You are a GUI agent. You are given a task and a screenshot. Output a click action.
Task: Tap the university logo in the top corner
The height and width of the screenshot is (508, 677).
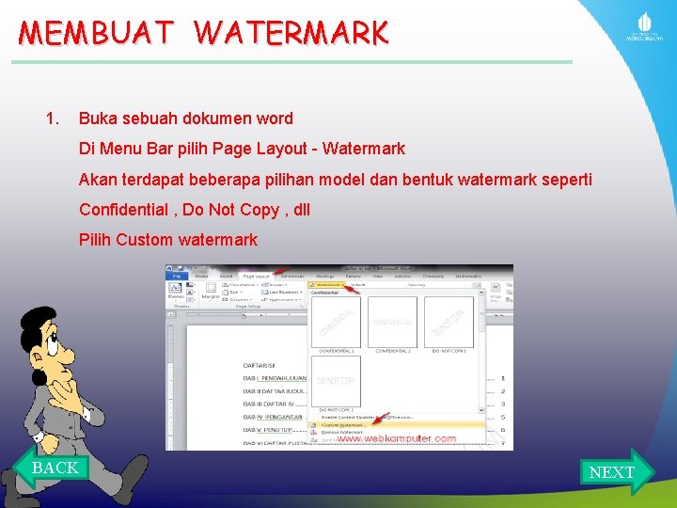point(645,27)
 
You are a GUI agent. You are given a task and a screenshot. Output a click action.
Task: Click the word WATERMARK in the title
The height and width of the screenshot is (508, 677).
point(291,33)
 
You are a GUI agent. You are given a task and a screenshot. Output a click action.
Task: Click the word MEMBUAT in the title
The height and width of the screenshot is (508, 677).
point(97,33)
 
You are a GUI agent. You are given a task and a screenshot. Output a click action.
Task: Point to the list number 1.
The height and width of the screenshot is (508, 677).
point(53,119)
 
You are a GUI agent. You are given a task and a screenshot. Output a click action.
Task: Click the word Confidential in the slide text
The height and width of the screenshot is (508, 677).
point(124,209)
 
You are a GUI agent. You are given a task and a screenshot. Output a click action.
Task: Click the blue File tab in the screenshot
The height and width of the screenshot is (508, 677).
point(176,277)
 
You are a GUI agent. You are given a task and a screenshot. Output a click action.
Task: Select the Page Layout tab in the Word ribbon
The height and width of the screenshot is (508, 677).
point(256,277)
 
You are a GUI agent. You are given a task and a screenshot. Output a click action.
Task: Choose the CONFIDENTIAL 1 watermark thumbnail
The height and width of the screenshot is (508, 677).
point(336,323)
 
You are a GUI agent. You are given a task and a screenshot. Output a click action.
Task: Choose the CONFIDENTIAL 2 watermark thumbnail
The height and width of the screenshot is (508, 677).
point(392,323)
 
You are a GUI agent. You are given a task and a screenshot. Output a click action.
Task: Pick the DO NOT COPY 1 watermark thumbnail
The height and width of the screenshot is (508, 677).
point(449,323)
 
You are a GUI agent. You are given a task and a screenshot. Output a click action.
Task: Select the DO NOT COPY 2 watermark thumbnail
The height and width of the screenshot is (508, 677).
point(336,381)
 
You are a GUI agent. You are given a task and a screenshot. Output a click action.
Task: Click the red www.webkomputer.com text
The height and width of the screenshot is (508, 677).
point(396,439)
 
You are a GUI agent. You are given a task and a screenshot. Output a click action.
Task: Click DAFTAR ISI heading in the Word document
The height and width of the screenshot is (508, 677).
point(259,365)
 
